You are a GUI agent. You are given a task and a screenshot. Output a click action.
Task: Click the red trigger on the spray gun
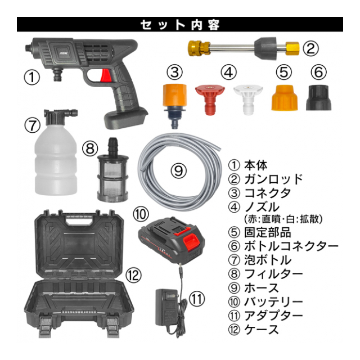106,75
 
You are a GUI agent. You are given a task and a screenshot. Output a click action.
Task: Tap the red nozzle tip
210,100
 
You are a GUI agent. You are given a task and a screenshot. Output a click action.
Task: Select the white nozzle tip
248,100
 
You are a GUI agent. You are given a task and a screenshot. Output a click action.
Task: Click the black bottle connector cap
319,97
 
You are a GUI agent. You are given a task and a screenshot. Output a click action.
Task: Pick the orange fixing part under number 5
285,98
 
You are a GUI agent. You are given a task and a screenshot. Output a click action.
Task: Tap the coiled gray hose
179,172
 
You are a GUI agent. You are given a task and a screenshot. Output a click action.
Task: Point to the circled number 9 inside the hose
178,170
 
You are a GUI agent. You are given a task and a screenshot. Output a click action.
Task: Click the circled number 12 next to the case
134,275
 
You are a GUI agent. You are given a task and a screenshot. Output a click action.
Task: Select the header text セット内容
180,24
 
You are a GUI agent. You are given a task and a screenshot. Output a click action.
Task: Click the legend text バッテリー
273,301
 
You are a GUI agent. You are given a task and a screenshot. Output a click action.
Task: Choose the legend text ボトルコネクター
291,246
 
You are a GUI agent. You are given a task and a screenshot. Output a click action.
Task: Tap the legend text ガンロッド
273,179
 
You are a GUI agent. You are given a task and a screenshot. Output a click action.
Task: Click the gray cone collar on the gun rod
265,49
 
